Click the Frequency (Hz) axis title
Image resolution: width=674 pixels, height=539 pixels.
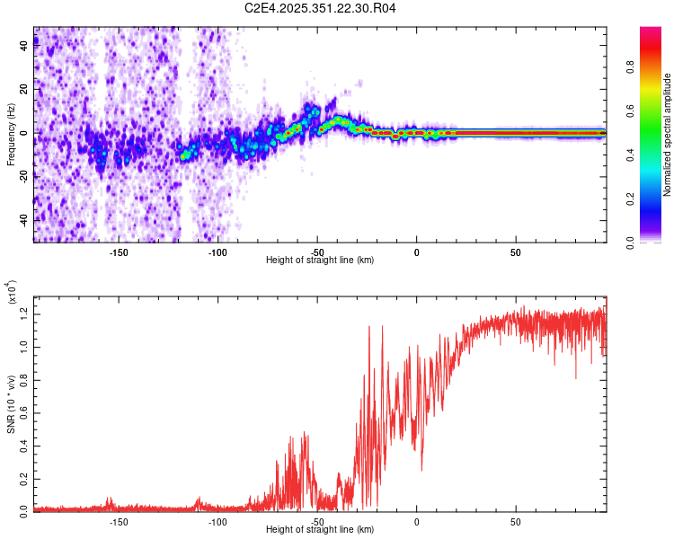[12, 135]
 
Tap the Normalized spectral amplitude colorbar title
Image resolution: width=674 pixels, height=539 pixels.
[668, 135]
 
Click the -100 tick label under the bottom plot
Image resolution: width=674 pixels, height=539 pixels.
[217, 521]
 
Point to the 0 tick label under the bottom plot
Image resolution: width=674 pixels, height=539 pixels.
[417, 521]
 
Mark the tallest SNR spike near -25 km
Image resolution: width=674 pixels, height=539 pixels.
[369, 327]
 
